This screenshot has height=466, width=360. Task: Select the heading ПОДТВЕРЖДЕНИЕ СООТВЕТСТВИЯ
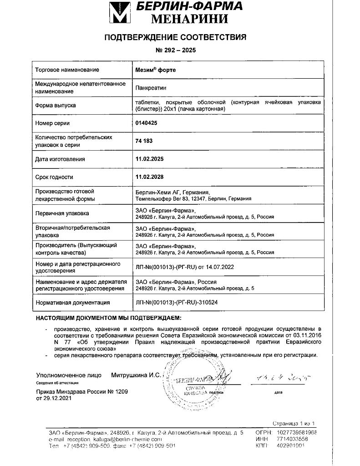click(176, 37)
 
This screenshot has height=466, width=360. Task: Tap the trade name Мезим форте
click(155, 70)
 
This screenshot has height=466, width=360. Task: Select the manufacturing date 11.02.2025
click(149, 159)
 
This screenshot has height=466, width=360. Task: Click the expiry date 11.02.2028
click(149, 177)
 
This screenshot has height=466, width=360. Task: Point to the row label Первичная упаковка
click(62, 213)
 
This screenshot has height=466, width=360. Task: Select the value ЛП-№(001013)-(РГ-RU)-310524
click(180, 302)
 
